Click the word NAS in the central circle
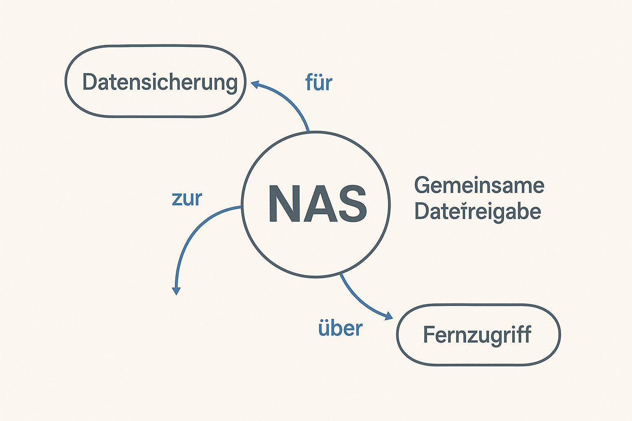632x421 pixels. pos(317,204)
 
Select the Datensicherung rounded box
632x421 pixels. pos(155,81)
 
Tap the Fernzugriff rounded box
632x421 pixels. pos(478,335)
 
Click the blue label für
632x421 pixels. pos(318,83)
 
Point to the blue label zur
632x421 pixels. pos(187,199)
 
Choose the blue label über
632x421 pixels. pos(340,328)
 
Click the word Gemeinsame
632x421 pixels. pos(479,186)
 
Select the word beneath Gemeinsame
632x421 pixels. pos(477,211)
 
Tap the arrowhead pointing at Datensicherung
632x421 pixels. pos(255,84)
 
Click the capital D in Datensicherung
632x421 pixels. pos(89,82)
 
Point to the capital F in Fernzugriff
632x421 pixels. pos(429,335)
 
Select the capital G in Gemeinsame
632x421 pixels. pos(423,186)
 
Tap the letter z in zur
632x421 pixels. pos(176,200)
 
